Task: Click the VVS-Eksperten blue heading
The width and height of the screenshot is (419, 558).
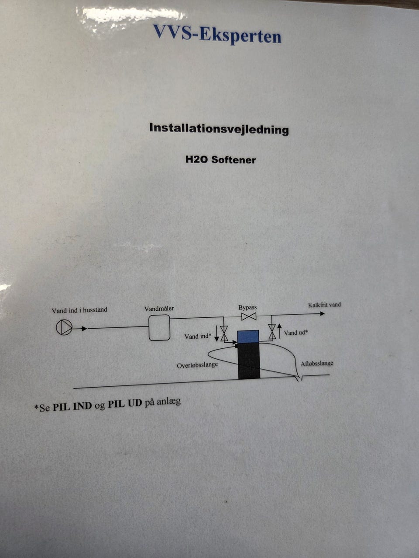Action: tap(217, 34)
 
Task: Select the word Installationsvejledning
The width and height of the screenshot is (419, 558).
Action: tap(219, 129)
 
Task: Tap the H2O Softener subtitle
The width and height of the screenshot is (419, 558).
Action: tap(220, 160)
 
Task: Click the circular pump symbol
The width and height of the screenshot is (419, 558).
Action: tap(64, 327)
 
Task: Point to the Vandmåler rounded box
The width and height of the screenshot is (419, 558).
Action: tap(159, 327)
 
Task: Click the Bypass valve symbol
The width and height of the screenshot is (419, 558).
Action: tap(249, 317)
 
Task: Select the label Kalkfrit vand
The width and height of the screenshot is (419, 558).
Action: tap(324, 305)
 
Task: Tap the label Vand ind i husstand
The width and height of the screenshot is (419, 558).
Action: tap(79, 310)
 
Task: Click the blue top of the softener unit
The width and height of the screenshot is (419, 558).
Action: tap(248, 337)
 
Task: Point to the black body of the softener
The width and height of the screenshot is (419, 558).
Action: tap(249, 361)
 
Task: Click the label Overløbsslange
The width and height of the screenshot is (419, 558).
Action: tap(197, 365)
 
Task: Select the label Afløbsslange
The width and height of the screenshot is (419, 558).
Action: tap(317, 364)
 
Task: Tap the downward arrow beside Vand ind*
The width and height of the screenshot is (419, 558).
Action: tap(216, 334)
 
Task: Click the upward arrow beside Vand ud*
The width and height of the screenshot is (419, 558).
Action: tap(279, 331)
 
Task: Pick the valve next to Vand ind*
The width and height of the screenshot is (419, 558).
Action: tap(224, 333)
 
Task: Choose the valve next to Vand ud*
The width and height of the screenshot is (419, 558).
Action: tap(272, 332)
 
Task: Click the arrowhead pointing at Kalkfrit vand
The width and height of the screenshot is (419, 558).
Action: tap(322, 314)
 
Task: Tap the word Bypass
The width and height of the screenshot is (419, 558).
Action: tap(247, 307)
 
